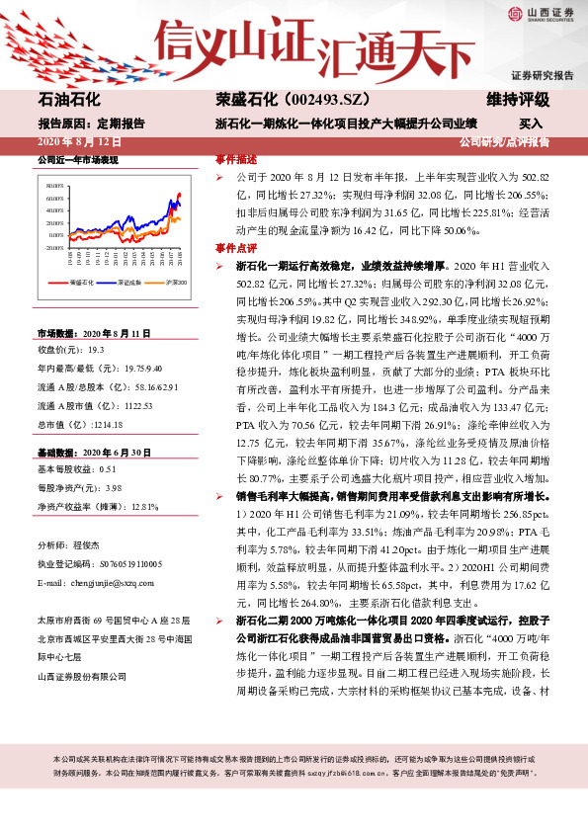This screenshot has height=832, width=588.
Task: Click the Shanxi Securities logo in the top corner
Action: tap(542, 14)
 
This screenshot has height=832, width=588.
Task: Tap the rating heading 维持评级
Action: tap(518, 101)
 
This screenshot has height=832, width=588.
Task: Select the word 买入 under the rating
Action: tap(531, 125)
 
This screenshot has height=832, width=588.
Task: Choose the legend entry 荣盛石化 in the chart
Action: tap(82, 283)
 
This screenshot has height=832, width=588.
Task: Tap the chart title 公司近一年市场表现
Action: tap(77, 159)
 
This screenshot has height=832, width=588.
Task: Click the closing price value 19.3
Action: tap(97, 350)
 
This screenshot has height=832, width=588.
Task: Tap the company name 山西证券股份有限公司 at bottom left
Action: tap(82, 676)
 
